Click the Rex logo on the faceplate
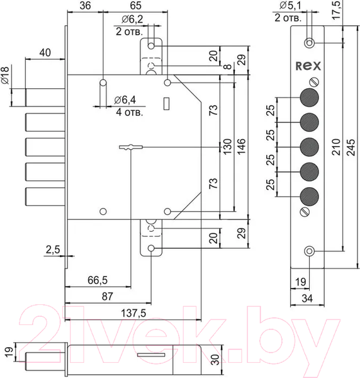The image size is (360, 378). [308, 66]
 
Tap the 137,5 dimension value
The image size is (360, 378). [133, 313]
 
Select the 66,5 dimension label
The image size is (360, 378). [98, 280]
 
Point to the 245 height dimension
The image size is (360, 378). [351, 147]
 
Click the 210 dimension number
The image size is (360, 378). [336, 147]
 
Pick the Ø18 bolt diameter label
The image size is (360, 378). [5, 76]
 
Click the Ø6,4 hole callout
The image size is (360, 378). [125, 100]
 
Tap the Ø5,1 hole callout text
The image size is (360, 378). [290, 5]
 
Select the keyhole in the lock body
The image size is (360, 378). [131, 147]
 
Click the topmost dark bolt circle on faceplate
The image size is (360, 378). [310, 98]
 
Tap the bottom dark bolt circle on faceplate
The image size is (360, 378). [310, 197]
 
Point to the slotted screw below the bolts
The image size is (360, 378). [305, 212]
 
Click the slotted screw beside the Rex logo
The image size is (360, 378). [314, 82]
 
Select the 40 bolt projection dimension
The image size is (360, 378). [45, 52]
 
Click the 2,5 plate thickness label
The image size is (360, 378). [53, 249]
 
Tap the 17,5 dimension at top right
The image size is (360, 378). [337, 10]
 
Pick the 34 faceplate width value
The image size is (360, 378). [307, 299]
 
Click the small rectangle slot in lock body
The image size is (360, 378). [166, 104]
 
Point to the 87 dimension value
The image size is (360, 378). [108, 296]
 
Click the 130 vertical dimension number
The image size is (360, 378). [227, 147]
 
